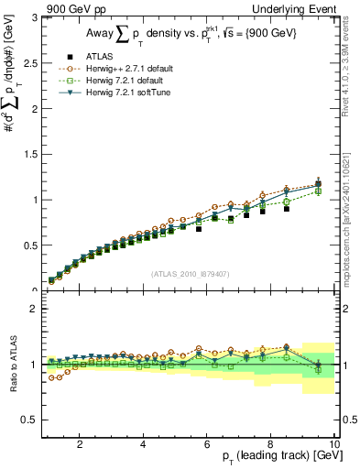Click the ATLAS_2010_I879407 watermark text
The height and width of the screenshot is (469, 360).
(190, 274)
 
